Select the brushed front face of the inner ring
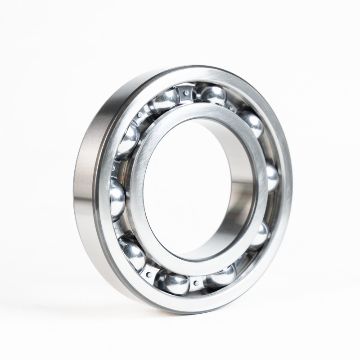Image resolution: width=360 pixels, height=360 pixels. (x=148, y=148)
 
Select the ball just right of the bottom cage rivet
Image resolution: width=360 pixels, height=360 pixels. (x=220, y=274)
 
